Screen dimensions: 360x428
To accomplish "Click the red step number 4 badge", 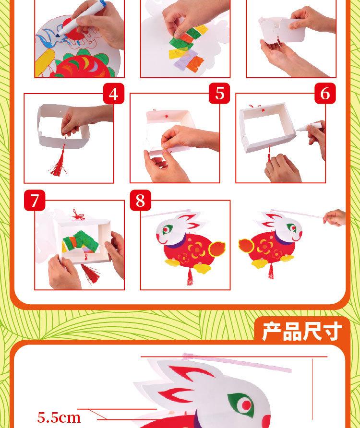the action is (114, 94).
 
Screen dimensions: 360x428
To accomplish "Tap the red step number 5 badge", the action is (220, 94).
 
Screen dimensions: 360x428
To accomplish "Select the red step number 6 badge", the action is (325, 94).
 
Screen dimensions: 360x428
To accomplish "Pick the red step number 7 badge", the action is (35, 200).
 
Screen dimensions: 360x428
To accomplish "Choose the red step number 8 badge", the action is (140, 200).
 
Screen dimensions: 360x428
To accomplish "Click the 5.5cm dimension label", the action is (59, 417).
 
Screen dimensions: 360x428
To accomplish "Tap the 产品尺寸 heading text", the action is (302, 331).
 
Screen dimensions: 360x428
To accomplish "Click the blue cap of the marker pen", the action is (102, 3).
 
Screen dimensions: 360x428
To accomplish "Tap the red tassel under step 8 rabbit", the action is (190, 276).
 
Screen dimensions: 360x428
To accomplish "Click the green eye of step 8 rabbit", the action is (167, 229).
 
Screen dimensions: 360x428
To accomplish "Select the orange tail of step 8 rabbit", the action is (217, 249).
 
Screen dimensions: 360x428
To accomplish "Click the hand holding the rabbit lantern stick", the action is (335, 217).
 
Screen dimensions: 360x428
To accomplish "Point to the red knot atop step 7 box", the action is (78, 215).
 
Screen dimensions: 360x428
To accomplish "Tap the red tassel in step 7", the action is (91, 273).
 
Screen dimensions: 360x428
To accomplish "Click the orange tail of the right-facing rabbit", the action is (246, 245).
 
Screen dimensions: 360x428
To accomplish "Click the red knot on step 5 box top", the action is (167, 116).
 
